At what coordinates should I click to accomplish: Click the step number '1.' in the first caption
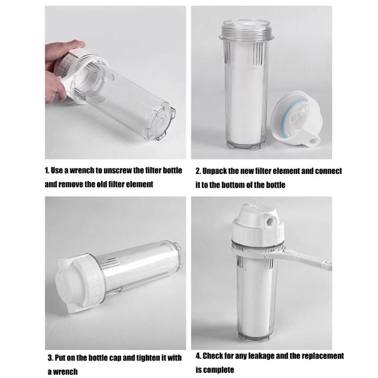(47, 171)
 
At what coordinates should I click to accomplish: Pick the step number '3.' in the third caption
(51, 358)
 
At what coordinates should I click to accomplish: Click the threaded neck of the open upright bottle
(247, 30)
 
